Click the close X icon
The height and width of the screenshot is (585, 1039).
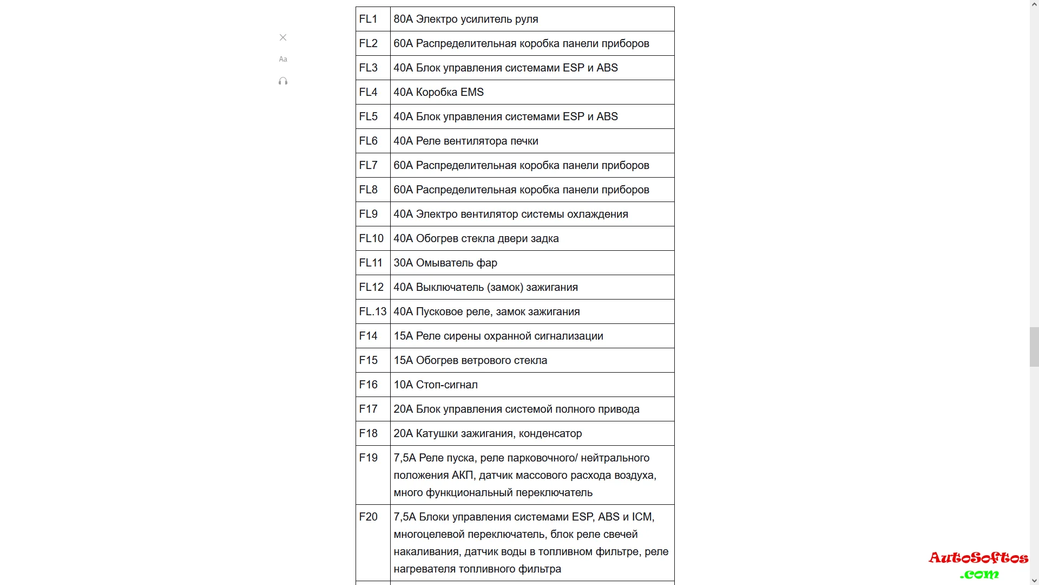[283, 37]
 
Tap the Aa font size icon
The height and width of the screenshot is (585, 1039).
[283, 59]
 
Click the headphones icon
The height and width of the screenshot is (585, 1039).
[283, 81]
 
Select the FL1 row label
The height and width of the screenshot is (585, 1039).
[368, 19]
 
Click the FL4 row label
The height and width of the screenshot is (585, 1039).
[368, 92]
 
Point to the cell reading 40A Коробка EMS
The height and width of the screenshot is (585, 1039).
[439, 92]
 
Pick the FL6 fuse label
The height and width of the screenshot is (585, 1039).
[368, 141]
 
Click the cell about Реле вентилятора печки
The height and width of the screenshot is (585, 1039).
[466, 141]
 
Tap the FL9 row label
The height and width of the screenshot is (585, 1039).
[368, 214]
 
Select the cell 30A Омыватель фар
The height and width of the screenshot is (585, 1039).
[445, 263]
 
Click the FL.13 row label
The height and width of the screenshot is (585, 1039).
[373, 311]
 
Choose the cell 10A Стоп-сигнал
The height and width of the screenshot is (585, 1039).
[436, 385]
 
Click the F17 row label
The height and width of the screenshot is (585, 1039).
[368, 409]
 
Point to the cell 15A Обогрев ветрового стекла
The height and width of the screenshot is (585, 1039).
[470, 360]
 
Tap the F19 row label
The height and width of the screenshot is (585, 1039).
[368, 458]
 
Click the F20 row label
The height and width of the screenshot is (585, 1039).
[368, 517]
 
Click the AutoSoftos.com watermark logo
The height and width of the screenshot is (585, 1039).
[978, 564]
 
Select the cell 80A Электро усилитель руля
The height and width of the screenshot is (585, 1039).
[466, 19]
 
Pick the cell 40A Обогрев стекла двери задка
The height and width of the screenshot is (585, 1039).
[476, 238]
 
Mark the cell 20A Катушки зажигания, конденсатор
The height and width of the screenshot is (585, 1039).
[488, 433]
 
